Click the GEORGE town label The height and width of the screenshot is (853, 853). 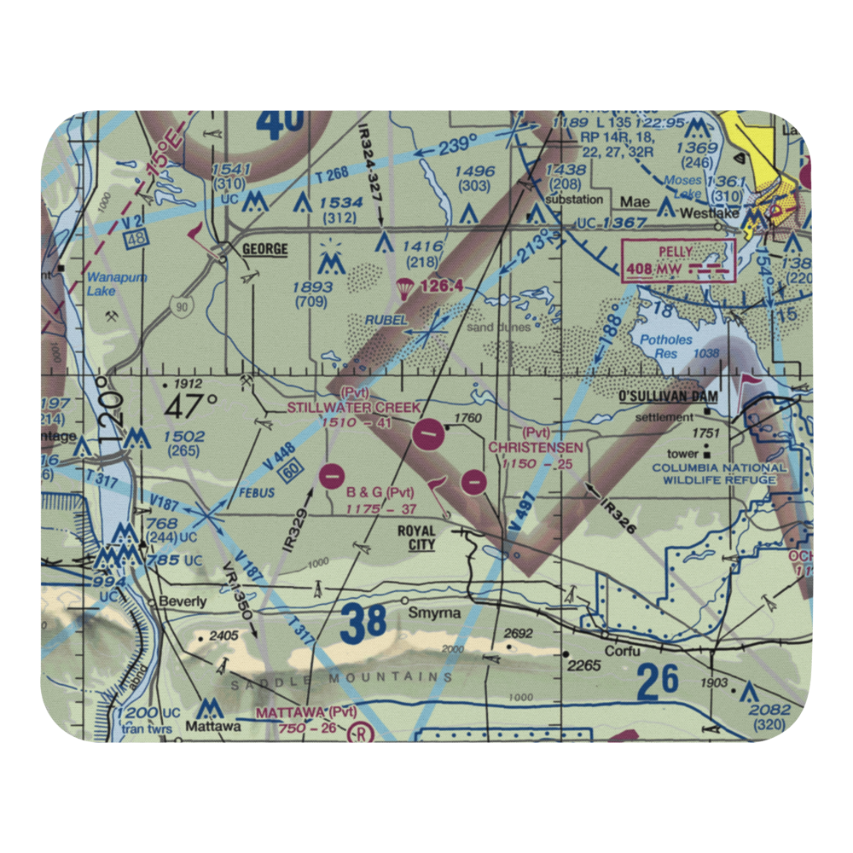click(264, 250)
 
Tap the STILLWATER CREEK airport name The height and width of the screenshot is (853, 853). click(353, 408)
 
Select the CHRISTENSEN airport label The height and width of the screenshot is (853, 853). click(536, 447)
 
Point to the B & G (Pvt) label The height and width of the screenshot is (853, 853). click(380, 492)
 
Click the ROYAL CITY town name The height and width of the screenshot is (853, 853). click(416, 537)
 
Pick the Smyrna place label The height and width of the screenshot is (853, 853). click(434, 613)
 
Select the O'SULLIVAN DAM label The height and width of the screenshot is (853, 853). click(669, 397)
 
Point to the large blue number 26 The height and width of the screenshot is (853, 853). click(657, 680)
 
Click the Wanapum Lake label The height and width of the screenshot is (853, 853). click(116, 284)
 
